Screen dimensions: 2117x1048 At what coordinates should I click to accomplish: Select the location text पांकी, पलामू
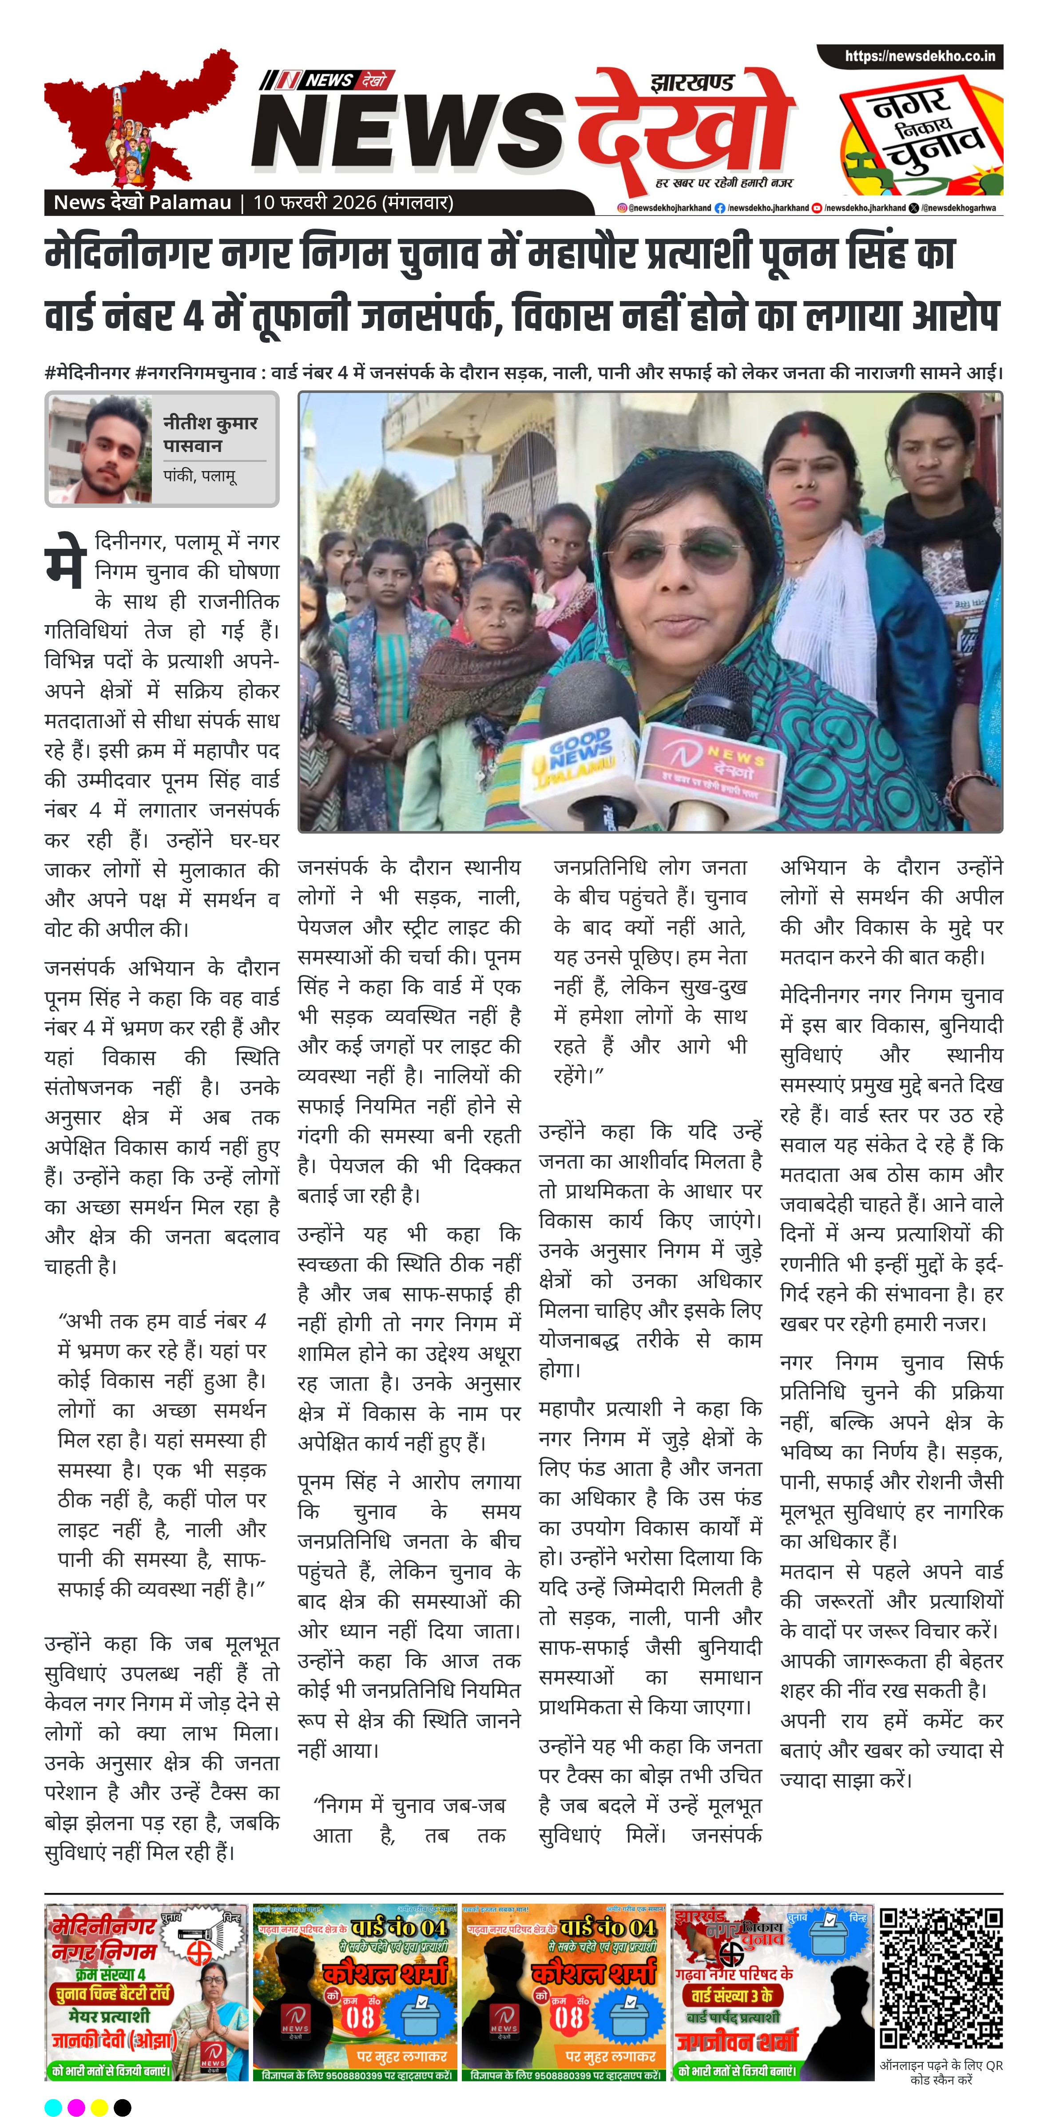(200, 476)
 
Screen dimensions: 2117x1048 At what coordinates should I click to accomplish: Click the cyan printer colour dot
(52, 2101)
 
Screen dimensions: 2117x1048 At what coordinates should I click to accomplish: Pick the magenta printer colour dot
(75, 2101)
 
